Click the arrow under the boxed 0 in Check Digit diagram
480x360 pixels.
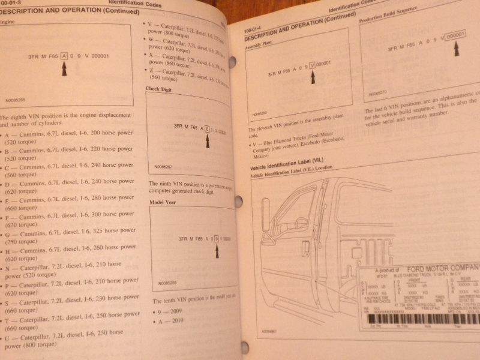click(208, 141)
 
